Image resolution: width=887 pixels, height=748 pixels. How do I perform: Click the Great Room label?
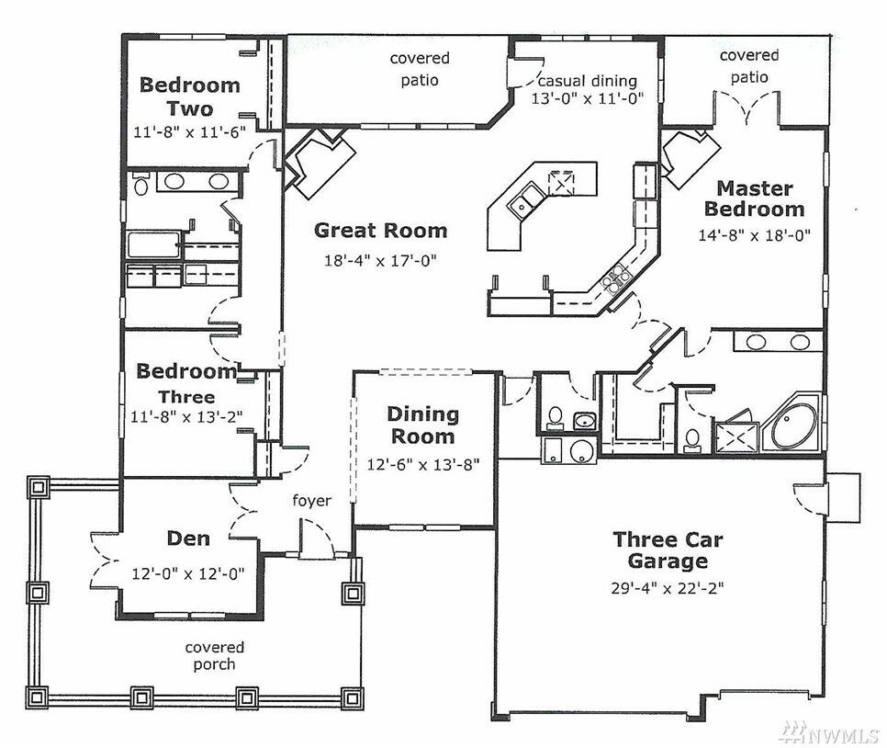coord(381,231)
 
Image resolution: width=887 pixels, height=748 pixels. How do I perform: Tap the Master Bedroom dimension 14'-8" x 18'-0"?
coord(754,235)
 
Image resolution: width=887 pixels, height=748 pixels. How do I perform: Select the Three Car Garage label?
coord(668,550)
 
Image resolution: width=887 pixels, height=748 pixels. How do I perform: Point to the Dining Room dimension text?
coord(423,465)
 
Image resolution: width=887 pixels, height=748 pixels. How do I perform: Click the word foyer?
coord(311,501)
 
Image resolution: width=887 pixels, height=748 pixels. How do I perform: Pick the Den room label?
coord(188,538)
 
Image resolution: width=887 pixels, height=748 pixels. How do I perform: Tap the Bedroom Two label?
coord(189,96)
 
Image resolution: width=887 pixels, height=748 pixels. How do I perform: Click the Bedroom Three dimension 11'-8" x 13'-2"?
coord(186,417)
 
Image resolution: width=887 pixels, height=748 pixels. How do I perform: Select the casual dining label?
coord(587,81)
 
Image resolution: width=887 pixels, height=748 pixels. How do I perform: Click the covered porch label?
coord(214,656)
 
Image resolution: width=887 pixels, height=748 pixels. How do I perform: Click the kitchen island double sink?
coord(526,201)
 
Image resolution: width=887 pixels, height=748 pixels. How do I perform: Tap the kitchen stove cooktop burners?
coord(616,278)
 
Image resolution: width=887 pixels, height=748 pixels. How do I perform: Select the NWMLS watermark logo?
coord(827,733)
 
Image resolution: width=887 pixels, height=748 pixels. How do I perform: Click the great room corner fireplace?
coord(320,163)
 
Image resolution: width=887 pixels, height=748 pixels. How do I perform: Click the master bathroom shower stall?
coord(736,437)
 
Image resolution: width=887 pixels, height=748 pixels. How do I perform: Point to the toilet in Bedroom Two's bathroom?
coord(140,184)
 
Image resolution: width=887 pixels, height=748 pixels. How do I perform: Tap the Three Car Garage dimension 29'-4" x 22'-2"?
coord(668,588)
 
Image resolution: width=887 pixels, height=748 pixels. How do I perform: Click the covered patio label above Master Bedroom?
coord(749,66)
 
